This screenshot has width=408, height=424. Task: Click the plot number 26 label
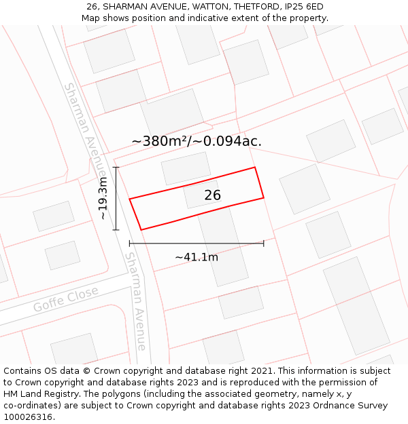tap(212, 195)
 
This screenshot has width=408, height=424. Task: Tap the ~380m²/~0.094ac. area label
tap(197, 141)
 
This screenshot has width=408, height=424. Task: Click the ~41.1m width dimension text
tap(197, 257)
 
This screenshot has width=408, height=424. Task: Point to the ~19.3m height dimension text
tap(103, 198)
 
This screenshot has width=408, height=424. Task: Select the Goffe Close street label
tap(66, 300)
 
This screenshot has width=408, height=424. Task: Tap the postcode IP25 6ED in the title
tap(304, 7)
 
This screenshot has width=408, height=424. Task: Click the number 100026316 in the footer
tap(29, 417)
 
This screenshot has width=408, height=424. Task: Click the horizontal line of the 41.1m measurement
tap(197, 243)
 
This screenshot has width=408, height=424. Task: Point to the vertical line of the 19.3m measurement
tap(116, 198)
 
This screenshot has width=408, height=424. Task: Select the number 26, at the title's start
tap(92, 7)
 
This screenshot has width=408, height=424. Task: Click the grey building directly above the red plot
tap(186, 168)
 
